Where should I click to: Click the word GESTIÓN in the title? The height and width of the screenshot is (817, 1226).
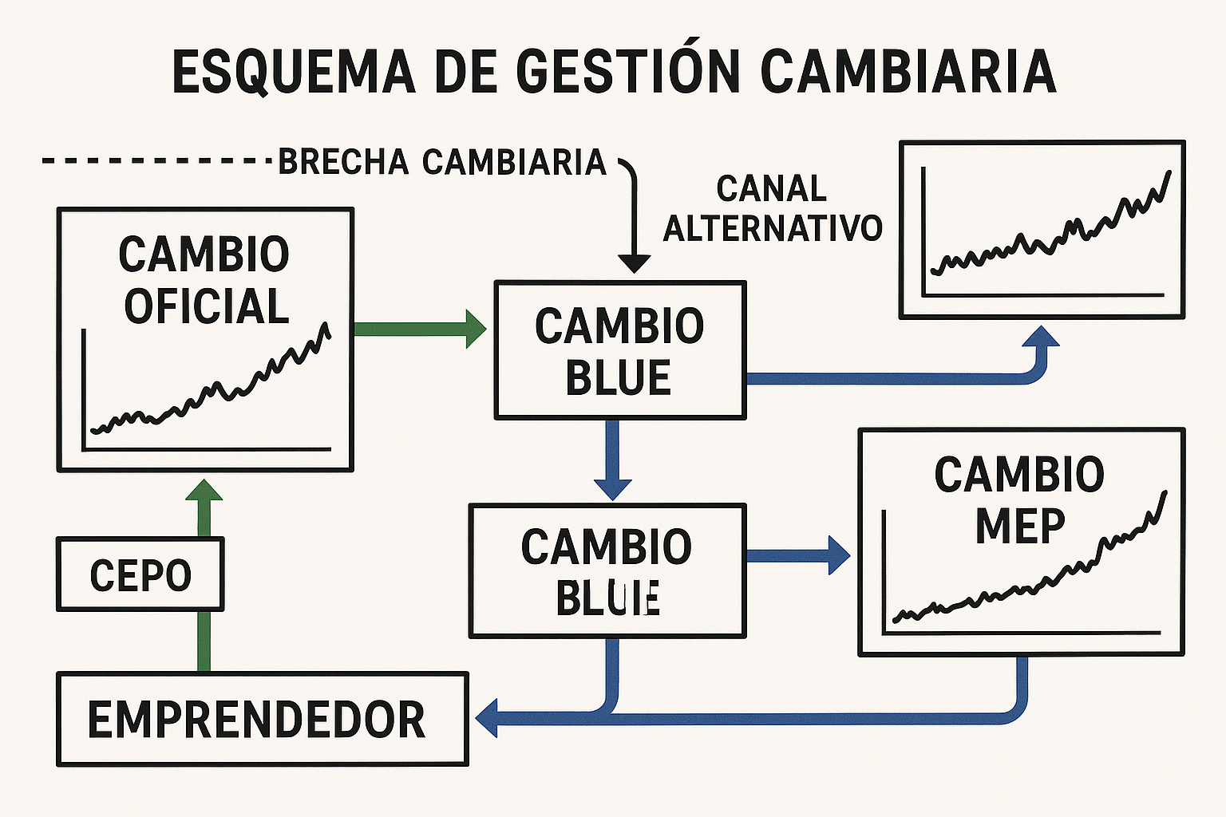tap(629, 71)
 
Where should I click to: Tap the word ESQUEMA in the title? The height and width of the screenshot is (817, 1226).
tap(294, 71)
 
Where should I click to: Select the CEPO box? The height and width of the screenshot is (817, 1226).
tap(140, 574)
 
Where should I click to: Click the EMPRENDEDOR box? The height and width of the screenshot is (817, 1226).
tap(262, 720)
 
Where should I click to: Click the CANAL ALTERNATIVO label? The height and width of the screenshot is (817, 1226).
tap(772, 208)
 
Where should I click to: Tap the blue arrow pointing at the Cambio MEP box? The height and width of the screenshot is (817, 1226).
tap(798, 555)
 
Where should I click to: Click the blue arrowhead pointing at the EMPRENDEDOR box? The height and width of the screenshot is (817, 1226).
tap(488, 718)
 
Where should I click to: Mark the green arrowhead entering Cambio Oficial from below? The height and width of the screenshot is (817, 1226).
tap(204, 491)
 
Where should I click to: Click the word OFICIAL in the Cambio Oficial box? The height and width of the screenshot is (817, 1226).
tap(206, 307)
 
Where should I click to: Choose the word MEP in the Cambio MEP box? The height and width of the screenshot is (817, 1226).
tap(1020, 526)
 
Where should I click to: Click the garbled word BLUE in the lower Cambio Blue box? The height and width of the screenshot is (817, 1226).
tap(607, 598)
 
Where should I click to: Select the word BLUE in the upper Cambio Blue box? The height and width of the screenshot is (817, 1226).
tap(618, 378)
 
